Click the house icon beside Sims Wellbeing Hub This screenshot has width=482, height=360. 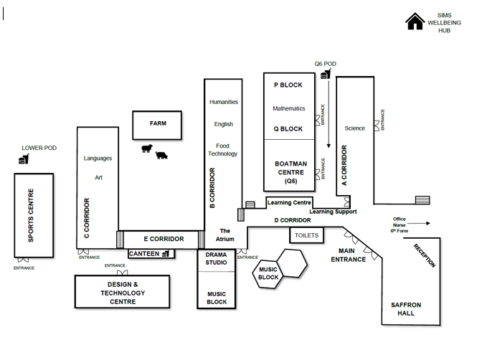click(415, 22)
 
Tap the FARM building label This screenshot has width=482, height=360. click(158, 123)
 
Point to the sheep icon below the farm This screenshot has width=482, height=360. click(147, 148)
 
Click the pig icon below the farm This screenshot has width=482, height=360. click(161, 155)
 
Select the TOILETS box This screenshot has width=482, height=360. click(306, 235)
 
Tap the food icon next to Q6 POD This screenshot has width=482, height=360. click(326, 74)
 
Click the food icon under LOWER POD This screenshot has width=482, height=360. click(24, 159)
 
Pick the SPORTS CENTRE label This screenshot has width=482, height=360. click(31, 215)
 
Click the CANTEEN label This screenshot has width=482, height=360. click(144, 254)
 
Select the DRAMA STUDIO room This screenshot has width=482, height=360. click(217, 260)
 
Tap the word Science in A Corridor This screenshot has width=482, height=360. click(355, 128)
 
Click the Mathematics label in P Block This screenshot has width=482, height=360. click(288, 108)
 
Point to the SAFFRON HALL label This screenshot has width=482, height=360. click(406, 309)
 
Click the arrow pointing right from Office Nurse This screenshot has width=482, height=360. click(418, 224)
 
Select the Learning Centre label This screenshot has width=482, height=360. click(289, 203)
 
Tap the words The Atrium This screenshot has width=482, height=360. click(225, 235)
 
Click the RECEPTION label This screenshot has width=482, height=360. click(425, 256)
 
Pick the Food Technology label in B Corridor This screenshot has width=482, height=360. click(222, 150)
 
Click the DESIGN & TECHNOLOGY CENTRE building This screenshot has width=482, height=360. click(123, 292)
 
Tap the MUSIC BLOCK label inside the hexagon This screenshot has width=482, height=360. click(268, 273)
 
